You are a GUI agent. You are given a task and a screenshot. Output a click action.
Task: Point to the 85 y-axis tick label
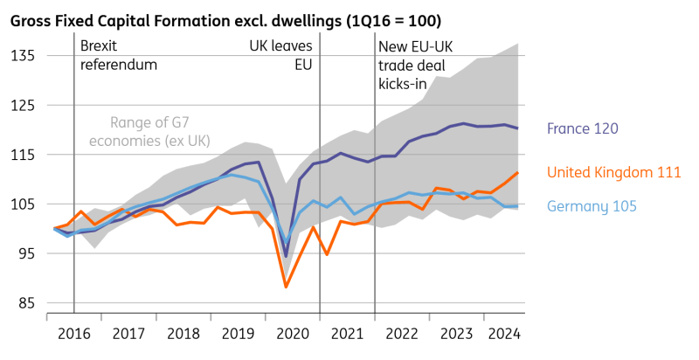[26, 303]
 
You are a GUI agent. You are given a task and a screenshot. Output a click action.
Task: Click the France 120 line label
[583, 129]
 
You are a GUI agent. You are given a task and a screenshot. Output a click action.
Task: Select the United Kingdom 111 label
[613, 173]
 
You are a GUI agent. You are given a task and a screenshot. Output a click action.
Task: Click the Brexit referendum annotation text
[119, 54]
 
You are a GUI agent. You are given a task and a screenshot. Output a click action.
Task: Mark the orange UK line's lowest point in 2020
[286, 287]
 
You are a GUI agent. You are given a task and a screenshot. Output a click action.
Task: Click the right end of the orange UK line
[519, 172]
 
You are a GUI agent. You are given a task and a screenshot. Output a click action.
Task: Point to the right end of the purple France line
[519, 128]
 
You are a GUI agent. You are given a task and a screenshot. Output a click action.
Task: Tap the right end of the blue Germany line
[519, 206]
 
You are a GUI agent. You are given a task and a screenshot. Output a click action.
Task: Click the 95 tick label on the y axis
[26, 253]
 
